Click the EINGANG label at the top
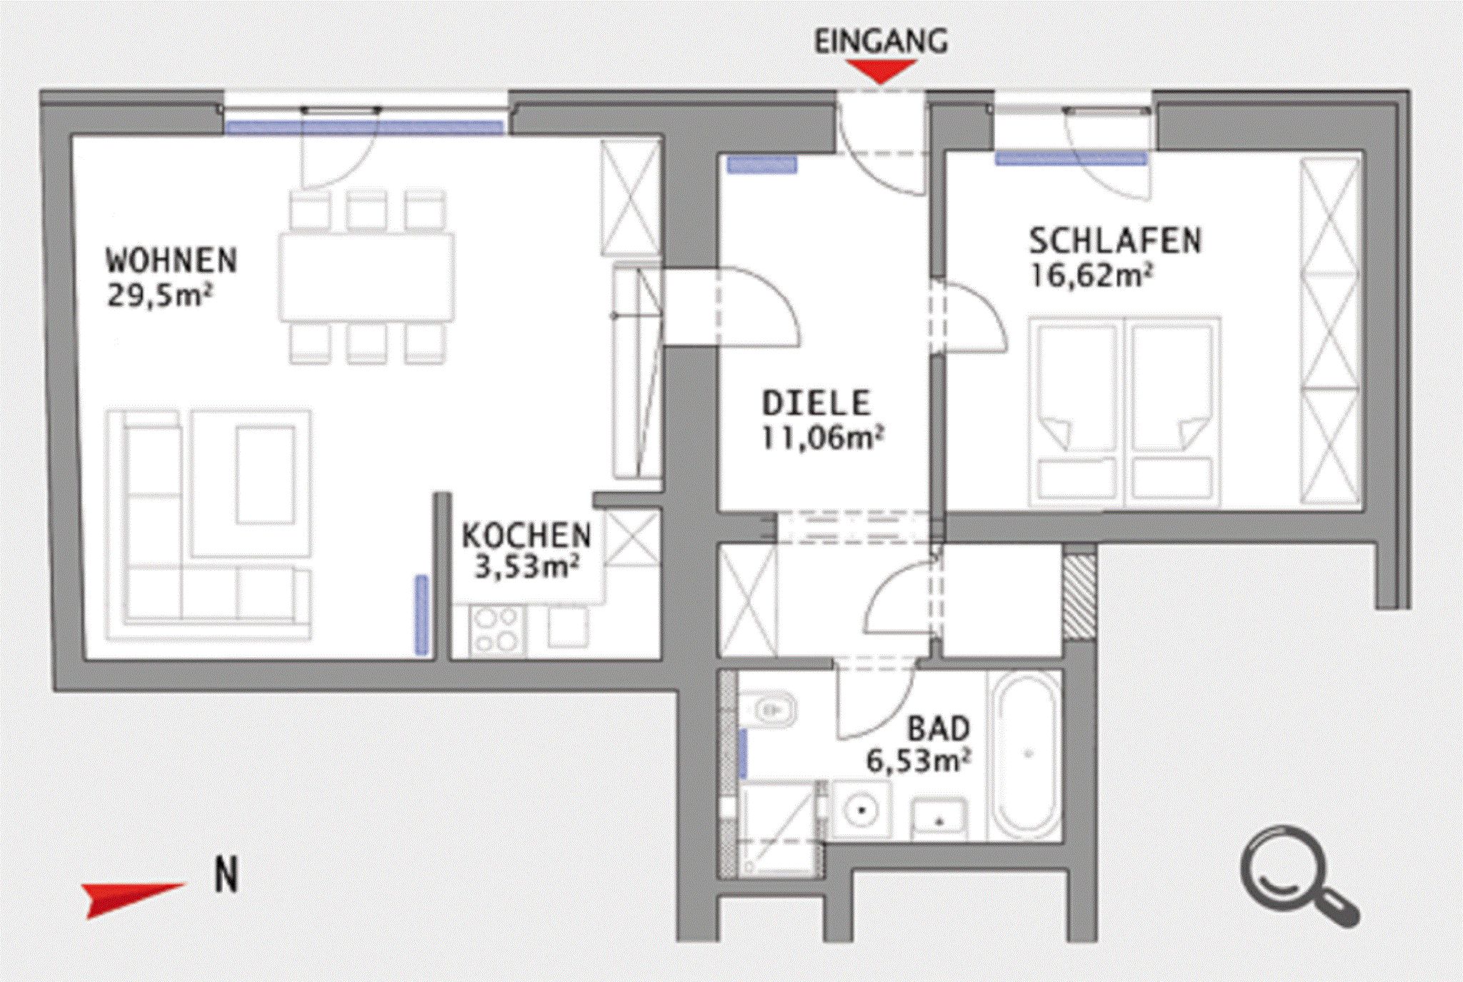pos(881,42)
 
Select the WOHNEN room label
pos(171,261)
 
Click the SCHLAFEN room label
pos(1115,241)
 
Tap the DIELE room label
pos(817,404)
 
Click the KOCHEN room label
pos(526,536)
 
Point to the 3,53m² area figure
pos(526,568)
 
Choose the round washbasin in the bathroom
pos(863,810)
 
